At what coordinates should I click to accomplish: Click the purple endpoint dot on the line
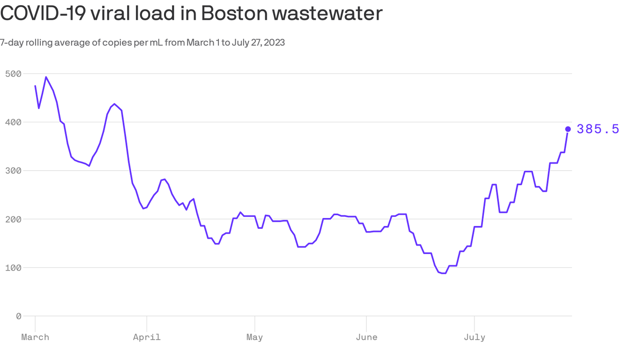(568, 129)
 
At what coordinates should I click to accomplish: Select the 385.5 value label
(598, 129)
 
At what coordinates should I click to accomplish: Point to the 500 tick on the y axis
(13, 74)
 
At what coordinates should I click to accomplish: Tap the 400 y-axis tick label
(13, 122)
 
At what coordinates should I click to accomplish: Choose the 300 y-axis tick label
(13, 171)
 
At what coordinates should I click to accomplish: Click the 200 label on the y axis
(13, 219)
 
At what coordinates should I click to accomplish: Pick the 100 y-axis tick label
(13, 268)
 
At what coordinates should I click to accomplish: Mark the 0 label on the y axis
(18, 316)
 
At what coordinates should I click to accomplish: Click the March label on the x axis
(35, 337)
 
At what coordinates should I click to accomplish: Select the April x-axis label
(147, 337)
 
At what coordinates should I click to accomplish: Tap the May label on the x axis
(254, 337)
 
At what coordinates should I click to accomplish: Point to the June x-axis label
(366, 337)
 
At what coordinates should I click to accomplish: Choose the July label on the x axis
(475, 337)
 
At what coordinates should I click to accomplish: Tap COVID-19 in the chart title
(42, 14)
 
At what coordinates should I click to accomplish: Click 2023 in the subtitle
(275, 43)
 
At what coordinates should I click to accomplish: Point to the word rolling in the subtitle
(39, 43)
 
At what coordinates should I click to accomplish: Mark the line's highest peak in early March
(46, 77)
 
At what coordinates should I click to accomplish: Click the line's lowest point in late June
(443, 273)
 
